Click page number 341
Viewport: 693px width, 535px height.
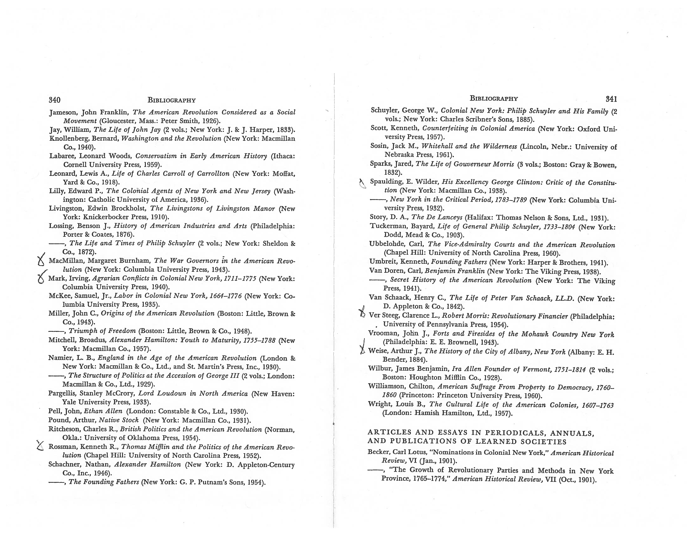coord(611,99)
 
